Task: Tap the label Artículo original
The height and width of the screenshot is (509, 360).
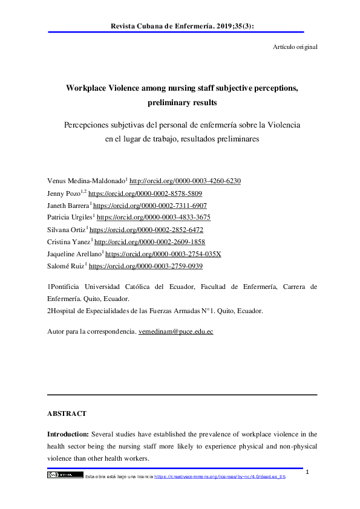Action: [x=292, y=47]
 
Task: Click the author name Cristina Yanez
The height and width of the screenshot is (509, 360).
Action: [x=69, y=242]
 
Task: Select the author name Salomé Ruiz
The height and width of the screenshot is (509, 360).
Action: [x=65, y=266]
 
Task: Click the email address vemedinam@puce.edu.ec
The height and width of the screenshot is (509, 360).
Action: [x=176, y=332]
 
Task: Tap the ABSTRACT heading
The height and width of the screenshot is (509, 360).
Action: [x=67, y=414]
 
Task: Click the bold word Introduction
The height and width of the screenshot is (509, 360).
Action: [x=68, y=434]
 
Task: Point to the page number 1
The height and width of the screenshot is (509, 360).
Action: [x=308, y=472]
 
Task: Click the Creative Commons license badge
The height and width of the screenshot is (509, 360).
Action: [x=65, y=475]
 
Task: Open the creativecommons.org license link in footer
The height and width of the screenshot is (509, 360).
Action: [x=220, y=476]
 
